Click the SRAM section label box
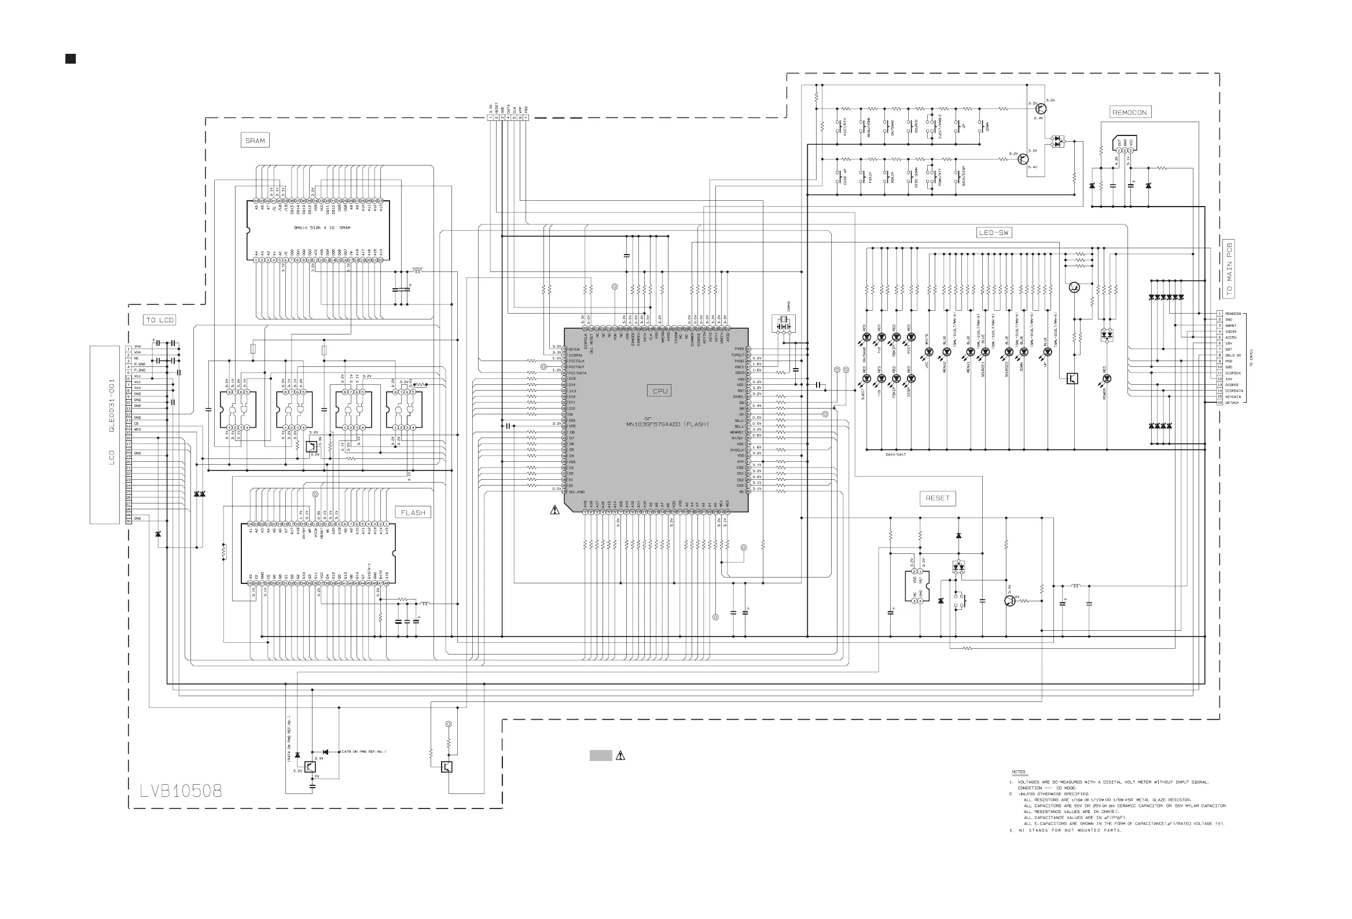pyautogui.click(x=255, y=140)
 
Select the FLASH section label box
pyautogui.click(x=413, y=512)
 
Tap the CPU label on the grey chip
pyautogui.click(x=660, y=391)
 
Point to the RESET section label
pyautogui.click(x=937, y=498)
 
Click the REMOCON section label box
pyautogui.click(x=1129, y=112)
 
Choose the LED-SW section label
pyautogui.click(x=994, y=233)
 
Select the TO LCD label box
pyautogui.click(x=159, y=320)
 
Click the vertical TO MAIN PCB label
pyautogui.click(x=1229, y=269)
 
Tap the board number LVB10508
pyautogui.click(x=181, y=791)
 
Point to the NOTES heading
pyautogui.click(x=1018, y=772)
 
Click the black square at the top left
pyautogui.click(x=71, y=59)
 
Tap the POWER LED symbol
pyautogui.click(x=1107, y=378)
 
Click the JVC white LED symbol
pyautogui.click(x=929, y=352)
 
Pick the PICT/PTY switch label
pyautogui.click(x=844, y=127)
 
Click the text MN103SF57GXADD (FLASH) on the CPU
pyautogui.click(x=668, y=424)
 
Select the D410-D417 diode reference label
pyautogui.click(x=895, y=454)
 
